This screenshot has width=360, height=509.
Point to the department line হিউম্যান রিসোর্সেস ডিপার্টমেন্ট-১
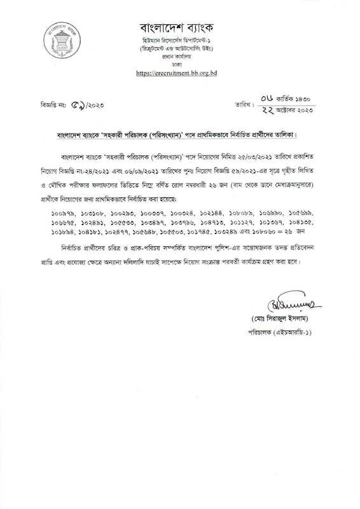tap(181, 40)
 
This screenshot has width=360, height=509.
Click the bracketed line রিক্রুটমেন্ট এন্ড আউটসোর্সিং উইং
tap(181, 48)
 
